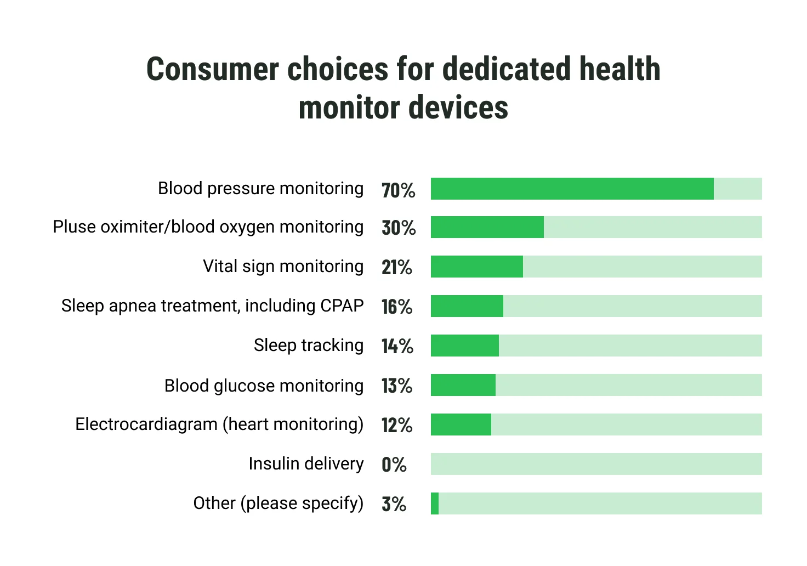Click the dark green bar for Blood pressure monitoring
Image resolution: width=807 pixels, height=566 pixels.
pos(572,189)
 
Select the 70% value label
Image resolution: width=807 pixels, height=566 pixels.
pos(398,190)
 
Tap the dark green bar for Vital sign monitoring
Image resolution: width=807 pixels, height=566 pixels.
pos(476,267)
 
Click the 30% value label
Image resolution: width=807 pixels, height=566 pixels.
pos(399,228)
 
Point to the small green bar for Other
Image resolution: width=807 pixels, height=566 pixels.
pos(435,503)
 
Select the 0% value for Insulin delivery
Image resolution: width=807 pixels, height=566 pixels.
pos(394,465)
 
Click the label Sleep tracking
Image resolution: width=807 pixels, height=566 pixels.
pos(308,345)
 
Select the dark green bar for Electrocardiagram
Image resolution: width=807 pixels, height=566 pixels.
pos(461,424)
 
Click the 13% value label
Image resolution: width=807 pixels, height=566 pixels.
pos(396,386)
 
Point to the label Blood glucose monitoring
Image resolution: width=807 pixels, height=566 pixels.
pos(264,386)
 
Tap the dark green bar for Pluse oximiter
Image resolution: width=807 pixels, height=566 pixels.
pos(487,227)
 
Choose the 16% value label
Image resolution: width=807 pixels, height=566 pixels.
pos(396,307)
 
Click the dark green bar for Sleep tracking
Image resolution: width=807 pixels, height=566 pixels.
pos(464,346)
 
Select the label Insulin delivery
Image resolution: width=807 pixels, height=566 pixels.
pos(305,463)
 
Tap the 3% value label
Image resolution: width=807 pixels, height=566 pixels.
pos(394,504)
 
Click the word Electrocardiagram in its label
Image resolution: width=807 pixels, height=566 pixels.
pos(146,424)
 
